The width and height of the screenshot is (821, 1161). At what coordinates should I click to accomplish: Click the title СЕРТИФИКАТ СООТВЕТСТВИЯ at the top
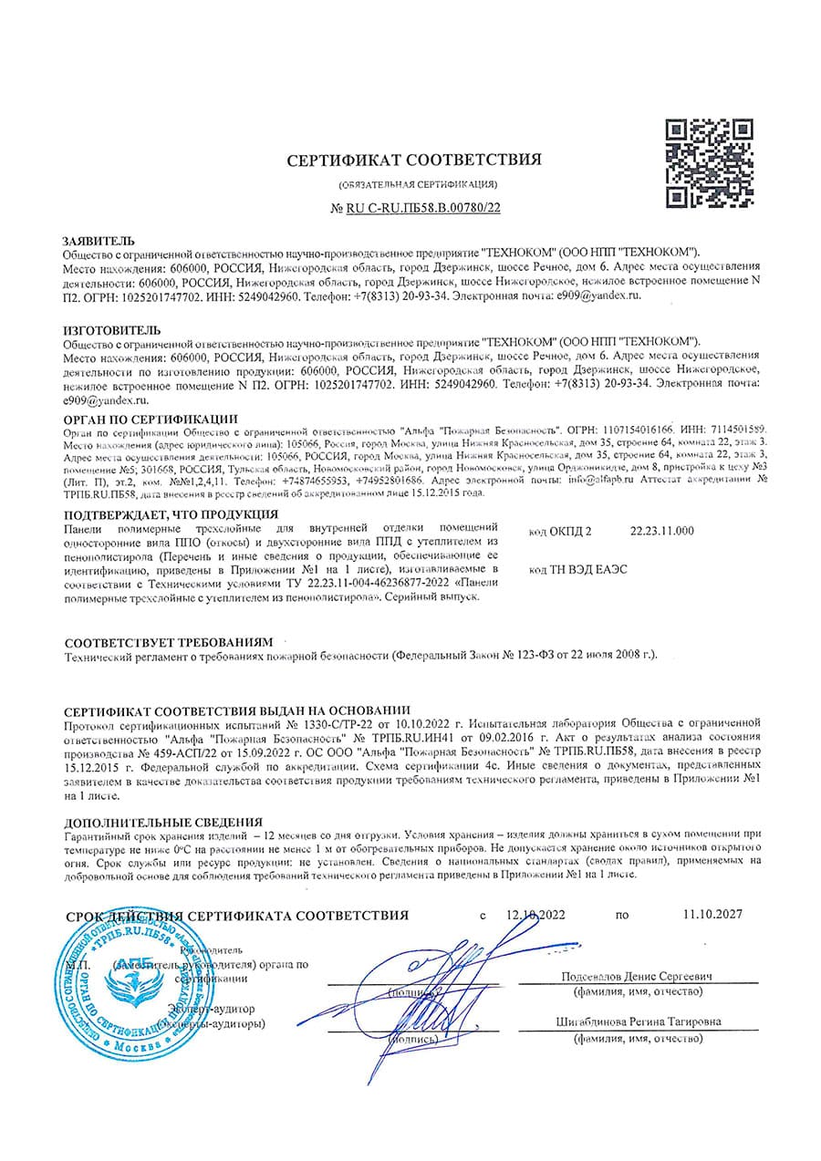pyautogui.click(x=414, y=161)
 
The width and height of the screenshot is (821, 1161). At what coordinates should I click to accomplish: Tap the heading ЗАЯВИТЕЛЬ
pyautogui.click(x=99, y=239)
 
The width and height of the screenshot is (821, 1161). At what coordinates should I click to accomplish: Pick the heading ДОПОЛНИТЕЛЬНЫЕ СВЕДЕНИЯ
pyautogui.click(x=163, y=822)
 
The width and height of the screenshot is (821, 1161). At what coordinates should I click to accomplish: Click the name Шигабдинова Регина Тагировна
pyautogui.click(x=637, y=1021)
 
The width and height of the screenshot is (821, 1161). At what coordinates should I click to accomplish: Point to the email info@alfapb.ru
pyautogui.click(x=608, y=477)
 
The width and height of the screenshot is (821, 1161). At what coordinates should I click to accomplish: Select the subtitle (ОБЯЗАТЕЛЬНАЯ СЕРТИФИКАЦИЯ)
pyautogui.click(x=417, y=184)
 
